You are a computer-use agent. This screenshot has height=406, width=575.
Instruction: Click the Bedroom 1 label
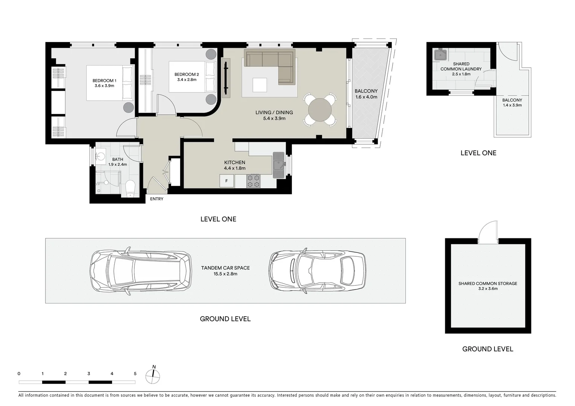(x=105, y=80)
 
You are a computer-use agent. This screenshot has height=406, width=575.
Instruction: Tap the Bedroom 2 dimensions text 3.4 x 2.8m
(x=187, y=80)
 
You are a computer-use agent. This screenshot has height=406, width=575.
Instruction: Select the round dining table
(x=320, y=110)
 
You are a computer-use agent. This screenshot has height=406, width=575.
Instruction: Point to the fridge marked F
(x=227, y=181)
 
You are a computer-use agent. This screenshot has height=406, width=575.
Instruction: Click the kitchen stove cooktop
(x=253, y=181)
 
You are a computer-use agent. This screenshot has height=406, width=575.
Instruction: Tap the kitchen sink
(x=279, y=165)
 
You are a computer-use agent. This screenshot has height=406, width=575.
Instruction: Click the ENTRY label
(x=156, y=199)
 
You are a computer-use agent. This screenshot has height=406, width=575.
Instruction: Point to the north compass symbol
(x=153, y=376)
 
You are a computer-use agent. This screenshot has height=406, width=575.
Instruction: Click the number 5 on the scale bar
(x=135, y=374)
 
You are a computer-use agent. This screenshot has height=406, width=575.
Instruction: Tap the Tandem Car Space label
(x=225, y=268)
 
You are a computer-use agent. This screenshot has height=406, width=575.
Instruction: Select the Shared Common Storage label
(x=488, y=283)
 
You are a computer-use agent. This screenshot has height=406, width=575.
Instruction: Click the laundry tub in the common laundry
(x=440, y=55)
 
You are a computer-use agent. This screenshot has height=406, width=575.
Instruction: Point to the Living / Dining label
(x=274, y=112)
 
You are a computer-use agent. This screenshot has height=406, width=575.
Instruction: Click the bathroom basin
(x=101, y=156)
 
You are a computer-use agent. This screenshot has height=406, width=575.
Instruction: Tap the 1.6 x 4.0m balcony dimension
(x=366, y=97)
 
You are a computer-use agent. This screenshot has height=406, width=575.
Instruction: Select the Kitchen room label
(x=235, y=162)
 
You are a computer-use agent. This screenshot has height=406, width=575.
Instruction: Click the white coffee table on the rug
(x=260, y=85)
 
